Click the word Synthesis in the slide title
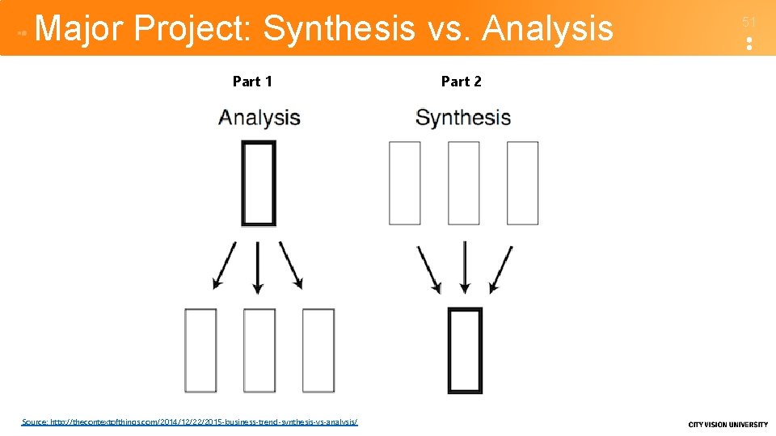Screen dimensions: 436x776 (x=339, y=29)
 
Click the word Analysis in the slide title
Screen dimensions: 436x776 (x=547, y=29)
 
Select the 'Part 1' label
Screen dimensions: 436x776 (x=252, y=82)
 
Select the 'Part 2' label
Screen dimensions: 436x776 (x=462, y=82)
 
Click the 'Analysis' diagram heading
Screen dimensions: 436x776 (x=259, y=118)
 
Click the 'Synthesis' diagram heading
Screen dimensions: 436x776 (x=463, y=118)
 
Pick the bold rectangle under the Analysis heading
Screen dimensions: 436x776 (x=259, y=183)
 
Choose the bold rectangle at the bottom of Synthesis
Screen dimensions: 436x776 (x=465, y=350)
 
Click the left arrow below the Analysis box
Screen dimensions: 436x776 (x=224, y=265)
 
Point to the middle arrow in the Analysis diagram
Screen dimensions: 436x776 (x=258, y=266)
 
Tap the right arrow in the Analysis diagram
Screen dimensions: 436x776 (x=291, y=265)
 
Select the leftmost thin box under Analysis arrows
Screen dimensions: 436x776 (x=200, y=350)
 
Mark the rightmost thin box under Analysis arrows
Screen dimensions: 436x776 (x=318, y=350)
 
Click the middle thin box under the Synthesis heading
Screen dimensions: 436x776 (x=464, y=183)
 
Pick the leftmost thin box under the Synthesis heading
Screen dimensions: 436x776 (x=405, y=183)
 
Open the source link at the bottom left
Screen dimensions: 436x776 (x=190, y=421)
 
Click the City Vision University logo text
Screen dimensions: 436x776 (x=727, y=425)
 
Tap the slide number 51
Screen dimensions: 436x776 (x=749, y=23)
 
